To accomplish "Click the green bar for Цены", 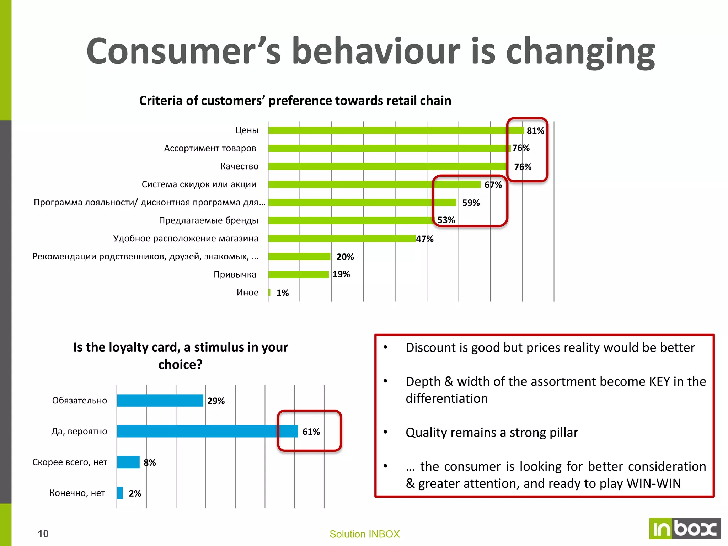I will [x=396, y=130].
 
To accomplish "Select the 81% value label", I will [x=535, y=131].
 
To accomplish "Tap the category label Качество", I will [x=239, y=166].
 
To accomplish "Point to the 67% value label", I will [x=493, y=185].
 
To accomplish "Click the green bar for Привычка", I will [x=298, y=274].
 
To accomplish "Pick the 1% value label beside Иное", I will [x=283, y=293].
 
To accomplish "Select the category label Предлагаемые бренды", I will [x=208, y=220].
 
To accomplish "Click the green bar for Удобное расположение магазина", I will [x=342, y=239].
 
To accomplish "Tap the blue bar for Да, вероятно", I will [x=207, y=431].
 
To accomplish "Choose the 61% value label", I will [x=311, y=432].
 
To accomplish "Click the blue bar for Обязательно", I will [x=160, y=400].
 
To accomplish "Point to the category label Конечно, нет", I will [x=77, y=493].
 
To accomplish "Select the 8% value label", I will [x=150, y=462].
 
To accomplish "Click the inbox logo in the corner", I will [x=685, y=528].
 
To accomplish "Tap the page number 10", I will [x=43, y=534].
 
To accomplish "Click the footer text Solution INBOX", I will [x=364, y=534].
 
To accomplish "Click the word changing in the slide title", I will [x=580, y=52].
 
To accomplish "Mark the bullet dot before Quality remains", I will [x=385, y=432].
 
